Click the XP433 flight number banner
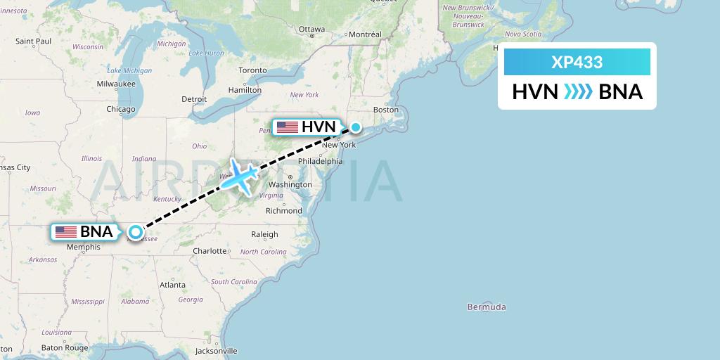pyautogui.click(x=577, y=62)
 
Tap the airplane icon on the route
pyautogui.click(x=238, y=177)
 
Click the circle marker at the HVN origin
pyautogui.click(x=356, y=127)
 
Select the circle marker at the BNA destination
pyautogui.click(x=135, y=231)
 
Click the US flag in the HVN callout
pyautogui.click(x=287, y=127)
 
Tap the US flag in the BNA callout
pyautogui.click(x=65, y=231)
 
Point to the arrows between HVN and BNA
pyautogui.click(x=578, y=92)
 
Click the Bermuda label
pyautogui.click(x=487, y=307)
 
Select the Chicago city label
pyautogui.click(x=120, y=109)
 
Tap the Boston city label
pyautogui.click(x=386, y=110)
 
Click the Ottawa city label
pyautogui.click(x=311, y=29)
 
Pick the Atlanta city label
pyautogui.click(x=172, y=285)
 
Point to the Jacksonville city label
pyautogui.click(x=217, y=350)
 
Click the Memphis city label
pyautogui.click(x=84, y=247)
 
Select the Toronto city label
pyautogui.click(x=252, y=70)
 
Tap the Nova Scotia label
pyautogui.click(x=522, y=34)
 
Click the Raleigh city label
pyautogui.click(x=264, y=235)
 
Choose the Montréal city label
pyautogui.click(x=365, y=34)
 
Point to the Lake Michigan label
pyautogui.click(x=129, y=70)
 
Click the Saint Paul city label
pyautogui.click(x=34, y=41)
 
